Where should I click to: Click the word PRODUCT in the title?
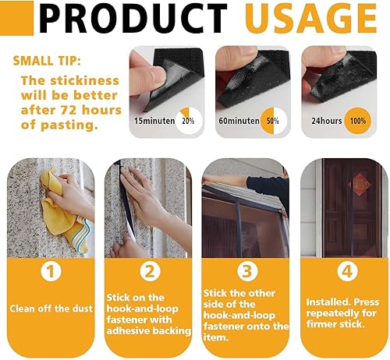coord(133,18)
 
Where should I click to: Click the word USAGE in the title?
coord(310,18)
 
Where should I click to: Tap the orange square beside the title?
coord(16,18)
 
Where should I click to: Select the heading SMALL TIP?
coord(47,61)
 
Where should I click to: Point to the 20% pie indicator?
coord(189,121)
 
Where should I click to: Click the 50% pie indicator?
coord(274,121)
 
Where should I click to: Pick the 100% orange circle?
coord(358,121)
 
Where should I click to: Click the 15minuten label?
coord(154,121)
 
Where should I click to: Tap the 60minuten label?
coord(239,121)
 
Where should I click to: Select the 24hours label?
coord(327,121)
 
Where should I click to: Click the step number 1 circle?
coord(51,271)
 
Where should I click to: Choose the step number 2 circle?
coord(151,271)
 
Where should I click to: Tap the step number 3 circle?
coord(247,271)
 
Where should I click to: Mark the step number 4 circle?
coord(347,271)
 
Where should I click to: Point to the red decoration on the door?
coord(360,185)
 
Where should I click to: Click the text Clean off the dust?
coord(51,309)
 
